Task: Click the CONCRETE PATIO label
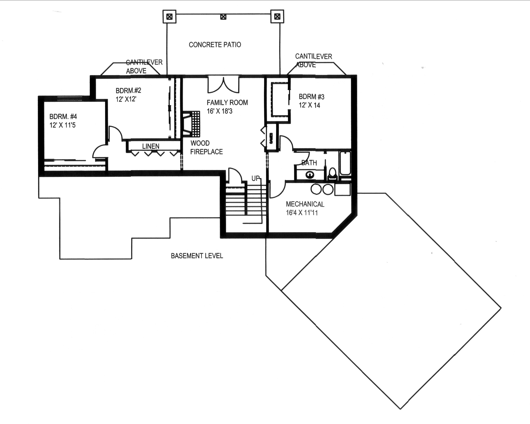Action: (x=215, y=45)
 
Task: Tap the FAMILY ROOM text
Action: (x=227, y=103)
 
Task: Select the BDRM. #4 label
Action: (x=63, y=117)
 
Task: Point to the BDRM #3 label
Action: (x=311, y=97)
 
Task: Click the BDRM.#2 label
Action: (x=128, y=91)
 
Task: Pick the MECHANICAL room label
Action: (x=305, y=204)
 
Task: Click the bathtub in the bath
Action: (x=345, y=163)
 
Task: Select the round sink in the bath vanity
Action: (x=310, y=175)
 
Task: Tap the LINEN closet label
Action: (x=151, y=146)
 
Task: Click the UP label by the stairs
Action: (x=256, y=179)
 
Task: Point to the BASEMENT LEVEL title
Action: (x=197, y=256)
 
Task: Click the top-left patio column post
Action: (x=169, y=17)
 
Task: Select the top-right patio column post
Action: (x=277, y=17)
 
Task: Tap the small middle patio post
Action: (x=223, y=17)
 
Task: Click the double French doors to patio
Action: (x=223, y=84)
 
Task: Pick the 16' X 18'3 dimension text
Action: (x=219, y=111)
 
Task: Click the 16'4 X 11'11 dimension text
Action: (x=302, y=213)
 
